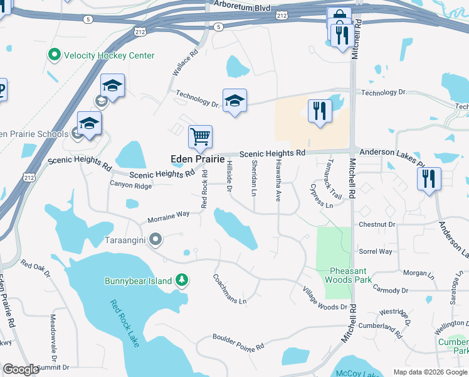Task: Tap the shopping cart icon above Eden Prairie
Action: pos(200,136)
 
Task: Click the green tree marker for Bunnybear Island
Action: pos(182,280)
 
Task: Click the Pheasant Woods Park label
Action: pos(350,275)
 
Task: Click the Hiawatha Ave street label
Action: pos(277,179)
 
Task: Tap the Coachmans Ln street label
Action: pos(225,288)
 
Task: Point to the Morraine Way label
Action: pos(169,217)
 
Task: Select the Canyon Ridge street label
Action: pos(130,185)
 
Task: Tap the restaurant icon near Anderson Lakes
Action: pos(429,179)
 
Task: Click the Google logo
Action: pos(21,369)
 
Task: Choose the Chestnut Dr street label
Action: pos(377,224)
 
